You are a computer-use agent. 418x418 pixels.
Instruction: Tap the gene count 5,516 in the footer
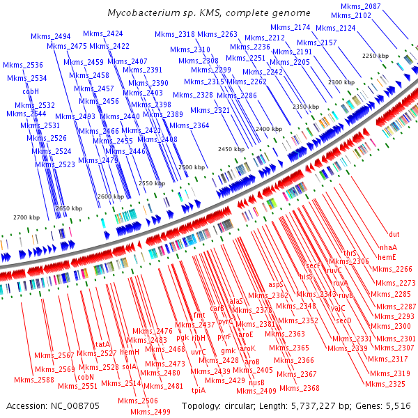coord(397,405)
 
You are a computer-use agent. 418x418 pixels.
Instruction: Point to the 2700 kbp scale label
coord(27,218)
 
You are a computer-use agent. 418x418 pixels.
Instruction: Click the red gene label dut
coord(394,234)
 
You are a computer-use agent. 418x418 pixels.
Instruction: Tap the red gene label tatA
coord(103,344)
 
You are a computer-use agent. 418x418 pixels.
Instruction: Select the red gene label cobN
coord(86,376)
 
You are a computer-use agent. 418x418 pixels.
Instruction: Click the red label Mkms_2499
coord(151,412)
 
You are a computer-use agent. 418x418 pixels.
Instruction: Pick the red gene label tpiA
coord(198,389)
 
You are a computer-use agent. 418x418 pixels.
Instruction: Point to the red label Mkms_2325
coord(387,384)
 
